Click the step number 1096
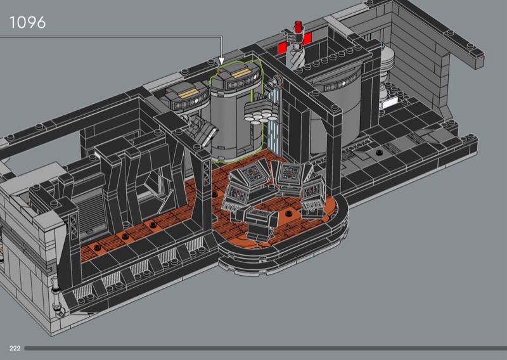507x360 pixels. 27,22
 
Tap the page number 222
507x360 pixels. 15,348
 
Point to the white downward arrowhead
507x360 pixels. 221,61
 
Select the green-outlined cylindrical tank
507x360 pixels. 235,110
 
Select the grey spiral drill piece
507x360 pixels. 297,56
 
